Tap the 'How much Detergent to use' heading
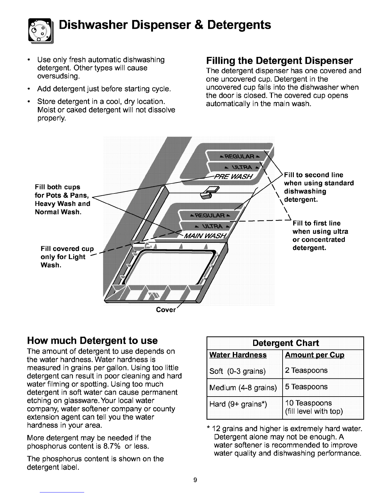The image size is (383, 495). [92, 340]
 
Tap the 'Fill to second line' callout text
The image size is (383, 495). [314, 175]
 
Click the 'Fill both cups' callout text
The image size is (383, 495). [58, 187]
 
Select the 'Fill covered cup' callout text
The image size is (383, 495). [67, 249]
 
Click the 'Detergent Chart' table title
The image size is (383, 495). [285, 343]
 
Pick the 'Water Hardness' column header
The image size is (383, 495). [238, 355]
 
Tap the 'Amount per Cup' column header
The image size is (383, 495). [314, 355]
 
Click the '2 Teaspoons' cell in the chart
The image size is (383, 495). [306, 371]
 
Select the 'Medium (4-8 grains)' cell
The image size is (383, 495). [243, 388]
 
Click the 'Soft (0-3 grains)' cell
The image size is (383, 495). [237, 371]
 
